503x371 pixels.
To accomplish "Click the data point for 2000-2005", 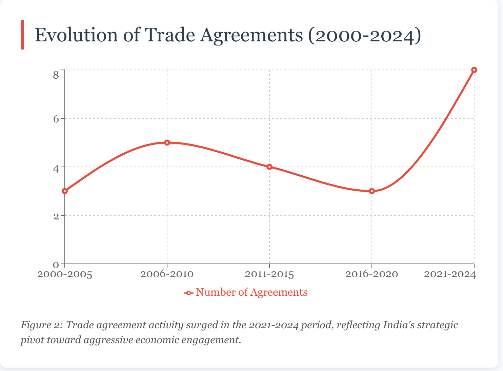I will (x=65, y=191).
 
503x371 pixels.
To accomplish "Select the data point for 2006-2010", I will (x=167, y=142).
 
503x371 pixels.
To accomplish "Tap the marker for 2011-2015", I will (x=269, y=167).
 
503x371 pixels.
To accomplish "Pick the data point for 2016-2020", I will (x=372, y=191).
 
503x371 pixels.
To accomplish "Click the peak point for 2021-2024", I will (x=474, y=70).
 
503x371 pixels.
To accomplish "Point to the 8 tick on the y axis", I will (x=56, y=75).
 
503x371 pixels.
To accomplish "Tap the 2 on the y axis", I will (x=56, y=216).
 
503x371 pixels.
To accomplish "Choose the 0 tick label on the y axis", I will (x=56, y=265).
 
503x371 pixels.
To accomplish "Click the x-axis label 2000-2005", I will (x=65, y=274).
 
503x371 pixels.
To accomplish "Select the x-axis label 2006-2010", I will (x=167, y=274).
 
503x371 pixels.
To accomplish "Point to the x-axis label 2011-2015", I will (x=269, y=274).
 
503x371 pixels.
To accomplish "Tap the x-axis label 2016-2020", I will (x=372, y=274).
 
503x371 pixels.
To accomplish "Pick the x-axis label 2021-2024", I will (x=450, y=274).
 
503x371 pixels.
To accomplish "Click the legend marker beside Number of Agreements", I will (x=189, y=293).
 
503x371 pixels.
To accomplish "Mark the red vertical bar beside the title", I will (x=22, y=35).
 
